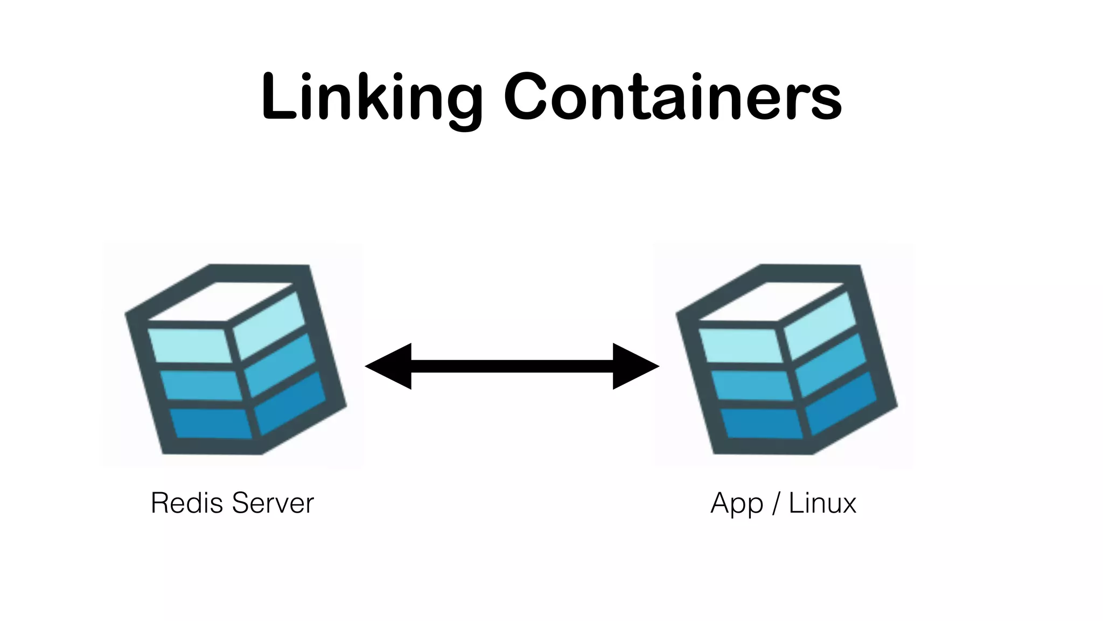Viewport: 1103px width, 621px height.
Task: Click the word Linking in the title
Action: pos(372,97)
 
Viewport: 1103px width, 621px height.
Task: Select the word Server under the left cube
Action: pos(273,503)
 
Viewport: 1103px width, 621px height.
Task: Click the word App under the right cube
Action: pos(736,504)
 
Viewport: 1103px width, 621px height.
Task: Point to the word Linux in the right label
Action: pos(822,503)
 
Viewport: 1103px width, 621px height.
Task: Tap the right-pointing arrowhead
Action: pos(636,366)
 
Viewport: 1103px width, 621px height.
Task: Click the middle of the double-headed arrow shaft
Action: pos(512,366)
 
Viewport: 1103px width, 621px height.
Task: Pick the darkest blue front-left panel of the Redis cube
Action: pos(212,423)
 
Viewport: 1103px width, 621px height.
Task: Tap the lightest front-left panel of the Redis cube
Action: pos(190,345)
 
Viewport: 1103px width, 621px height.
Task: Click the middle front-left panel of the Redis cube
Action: pos(202,385)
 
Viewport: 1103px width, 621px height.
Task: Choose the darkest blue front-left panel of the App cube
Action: pos(762,423)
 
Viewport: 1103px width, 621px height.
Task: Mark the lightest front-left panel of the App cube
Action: pos(741,345)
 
